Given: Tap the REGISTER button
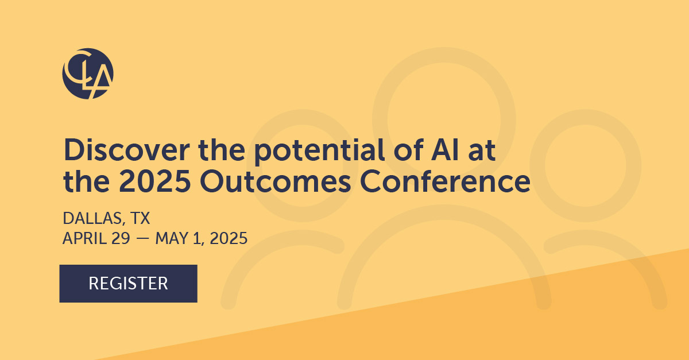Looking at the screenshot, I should tap(128, 283).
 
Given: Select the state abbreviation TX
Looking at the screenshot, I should tap(140, 218).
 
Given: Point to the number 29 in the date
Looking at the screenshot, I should tap(121, 238).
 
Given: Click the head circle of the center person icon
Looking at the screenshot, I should tap(444, 119).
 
